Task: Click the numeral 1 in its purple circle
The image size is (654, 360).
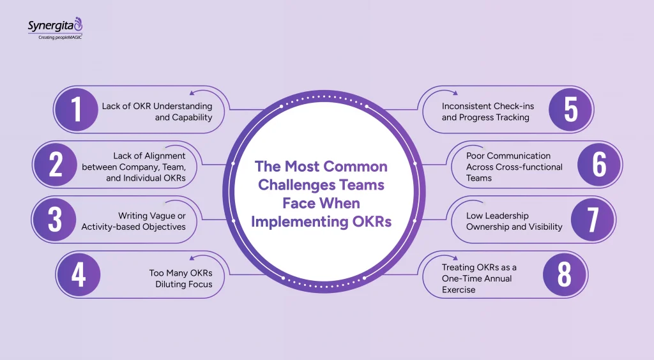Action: pyautogui.click(x=77, y=109)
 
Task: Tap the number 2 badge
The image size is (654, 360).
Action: pyautogui.click(x=55, y=165)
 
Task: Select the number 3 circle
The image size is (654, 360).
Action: pyautogui.click(x=55, y=220)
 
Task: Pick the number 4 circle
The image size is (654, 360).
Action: pyautogui.click(x=78, y=275)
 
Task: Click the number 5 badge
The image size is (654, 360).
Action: pyautogui.click(x=571, y=109)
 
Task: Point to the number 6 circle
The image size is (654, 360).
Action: pyautogui.click(x=599, y=165)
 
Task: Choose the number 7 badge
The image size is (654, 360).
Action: pyautogui.click(x=593, y=220)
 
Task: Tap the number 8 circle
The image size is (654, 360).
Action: pyautogui.click(x=565, y=275)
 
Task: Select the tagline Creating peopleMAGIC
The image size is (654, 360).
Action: pyautogui.click(x=56, y=37)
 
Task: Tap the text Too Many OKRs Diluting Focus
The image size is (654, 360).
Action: pyautogui.click(x=181, y=278)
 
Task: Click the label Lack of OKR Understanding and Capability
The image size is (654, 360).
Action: pyautogui.click(x=156, y=112)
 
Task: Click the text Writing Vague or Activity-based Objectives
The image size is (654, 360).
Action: pyautogui.click(x=133, y=221)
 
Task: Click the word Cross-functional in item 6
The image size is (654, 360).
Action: pyautogui.click(x=530, y=167)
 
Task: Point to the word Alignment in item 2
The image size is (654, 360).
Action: pyautogui.click(x=164, y=155)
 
